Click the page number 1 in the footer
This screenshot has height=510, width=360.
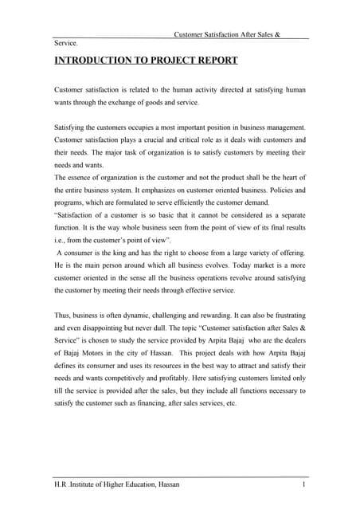tap(304, 485)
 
